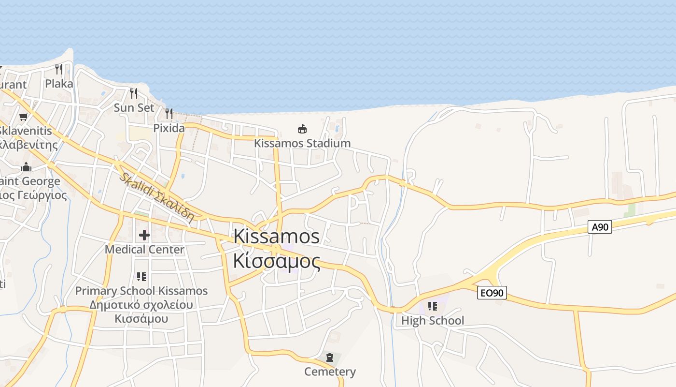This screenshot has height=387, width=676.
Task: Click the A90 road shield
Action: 600,227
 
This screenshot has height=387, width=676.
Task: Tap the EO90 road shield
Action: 492,293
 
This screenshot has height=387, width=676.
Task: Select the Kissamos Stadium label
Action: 302,143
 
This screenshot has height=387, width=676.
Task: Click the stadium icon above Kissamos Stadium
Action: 302,129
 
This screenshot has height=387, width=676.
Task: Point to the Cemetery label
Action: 330,372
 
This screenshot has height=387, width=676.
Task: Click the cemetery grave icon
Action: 330,357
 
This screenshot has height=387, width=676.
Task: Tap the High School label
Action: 433,320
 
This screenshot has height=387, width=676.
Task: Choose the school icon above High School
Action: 433,306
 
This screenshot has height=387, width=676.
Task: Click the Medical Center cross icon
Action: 144,236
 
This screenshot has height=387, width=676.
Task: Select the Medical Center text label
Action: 144,250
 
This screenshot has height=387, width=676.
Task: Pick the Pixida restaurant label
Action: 169,128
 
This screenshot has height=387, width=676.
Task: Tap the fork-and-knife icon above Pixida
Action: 169,114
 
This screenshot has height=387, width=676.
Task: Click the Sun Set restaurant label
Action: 134,107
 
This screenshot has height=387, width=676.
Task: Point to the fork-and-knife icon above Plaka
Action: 59,69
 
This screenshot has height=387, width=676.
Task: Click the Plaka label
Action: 59,84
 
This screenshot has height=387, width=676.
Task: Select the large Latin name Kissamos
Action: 276,237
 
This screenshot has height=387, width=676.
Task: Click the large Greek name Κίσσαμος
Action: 276,261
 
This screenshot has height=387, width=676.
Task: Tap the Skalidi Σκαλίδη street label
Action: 157,197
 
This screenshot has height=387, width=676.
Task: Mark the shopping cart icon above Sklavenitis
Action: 23,117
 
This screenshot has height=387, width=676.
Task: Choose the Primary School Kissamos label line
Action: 141,291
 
